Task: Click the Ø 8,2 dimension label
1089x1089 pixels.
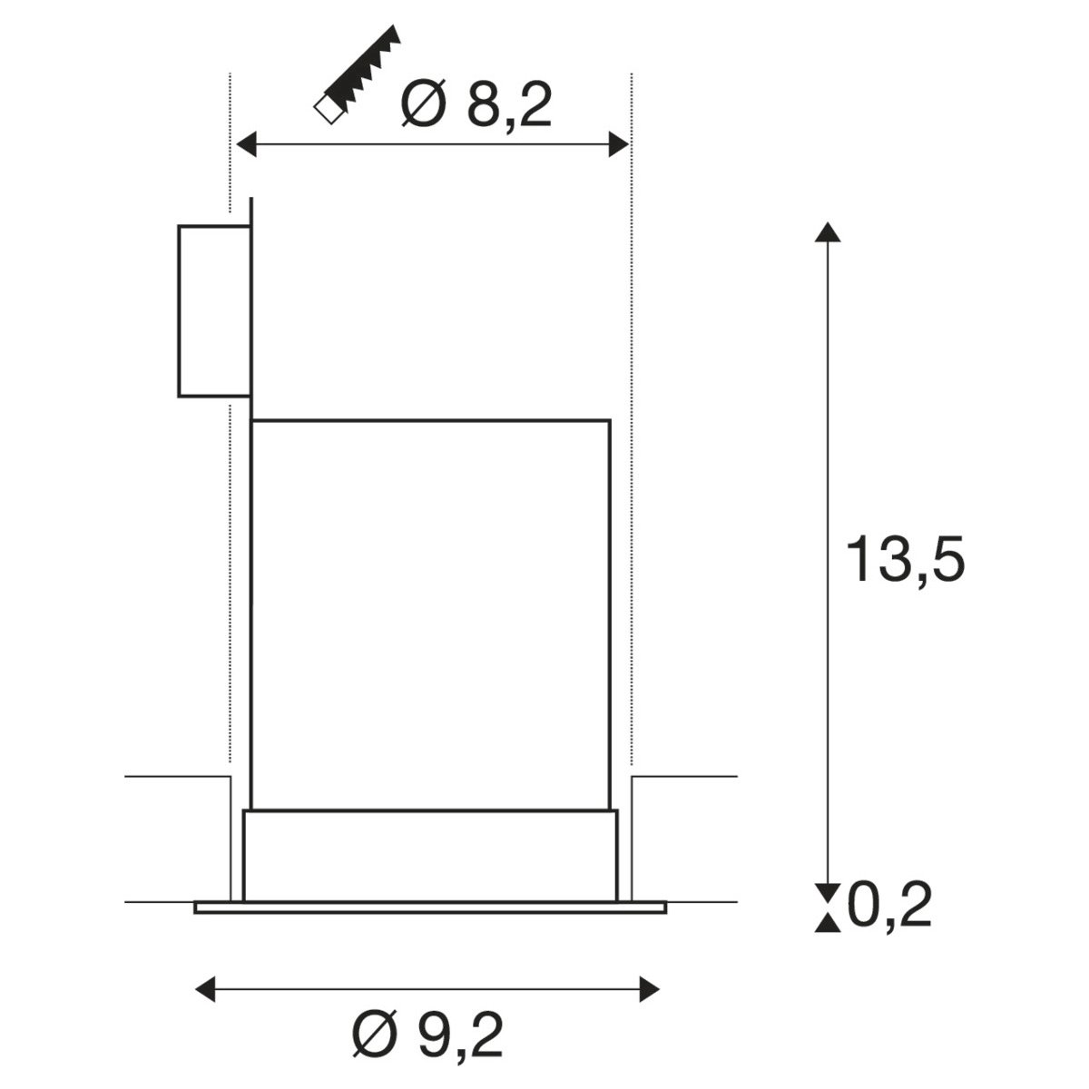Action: click(x=476, y=105)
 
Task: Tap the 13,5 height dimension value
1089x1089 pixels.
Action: click(x=905, y=560)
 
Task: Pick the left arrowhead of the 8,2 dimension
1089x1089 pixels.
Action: click(x=247, y=144)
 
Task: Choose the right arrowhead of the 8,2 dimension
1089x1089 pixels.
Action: click(x=619, y=144)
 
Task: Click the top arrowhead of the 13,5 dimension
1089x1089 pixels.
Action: click(x=828, y=232)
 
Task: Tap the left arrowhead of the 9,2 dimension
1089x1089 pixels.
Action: click(x=204, y=989)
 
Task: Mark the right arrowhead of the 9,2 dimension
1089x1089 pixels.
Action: click(x=650, y=989)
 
